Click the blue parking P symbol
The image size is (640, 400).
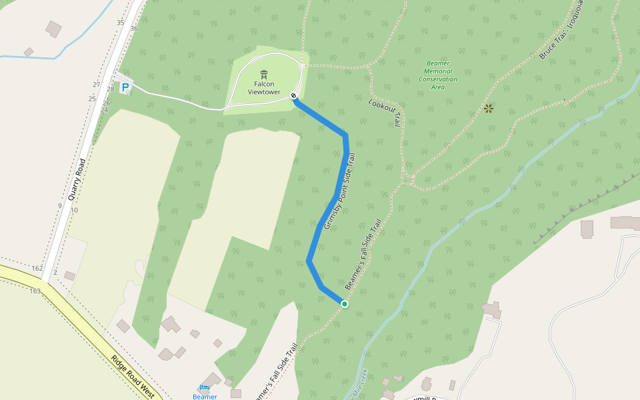click(125, 87)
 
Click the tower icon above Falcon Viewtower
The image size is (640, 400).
click(264, 73)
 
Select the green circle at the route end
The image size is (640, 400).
click(345, 304)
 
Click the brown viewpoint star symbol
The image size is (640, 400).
click(489, 107)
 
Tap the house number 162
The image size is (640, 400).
click(37, 269)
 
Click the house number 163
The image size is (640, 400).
click(35, 291)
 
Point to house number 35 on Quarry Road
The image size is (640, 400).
click(120, 23)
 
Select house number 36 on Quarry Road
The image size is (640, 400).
click(134, 29)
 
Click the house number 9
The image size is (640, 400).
click(59, 206)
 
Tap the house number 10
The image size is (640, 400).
click(74, 210)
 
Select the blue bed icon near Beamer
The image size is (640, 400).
click(204, 387)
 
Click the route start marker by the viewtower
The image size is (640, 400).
click(294, 97)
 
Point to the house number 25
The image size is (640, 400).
click(92, 99)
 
